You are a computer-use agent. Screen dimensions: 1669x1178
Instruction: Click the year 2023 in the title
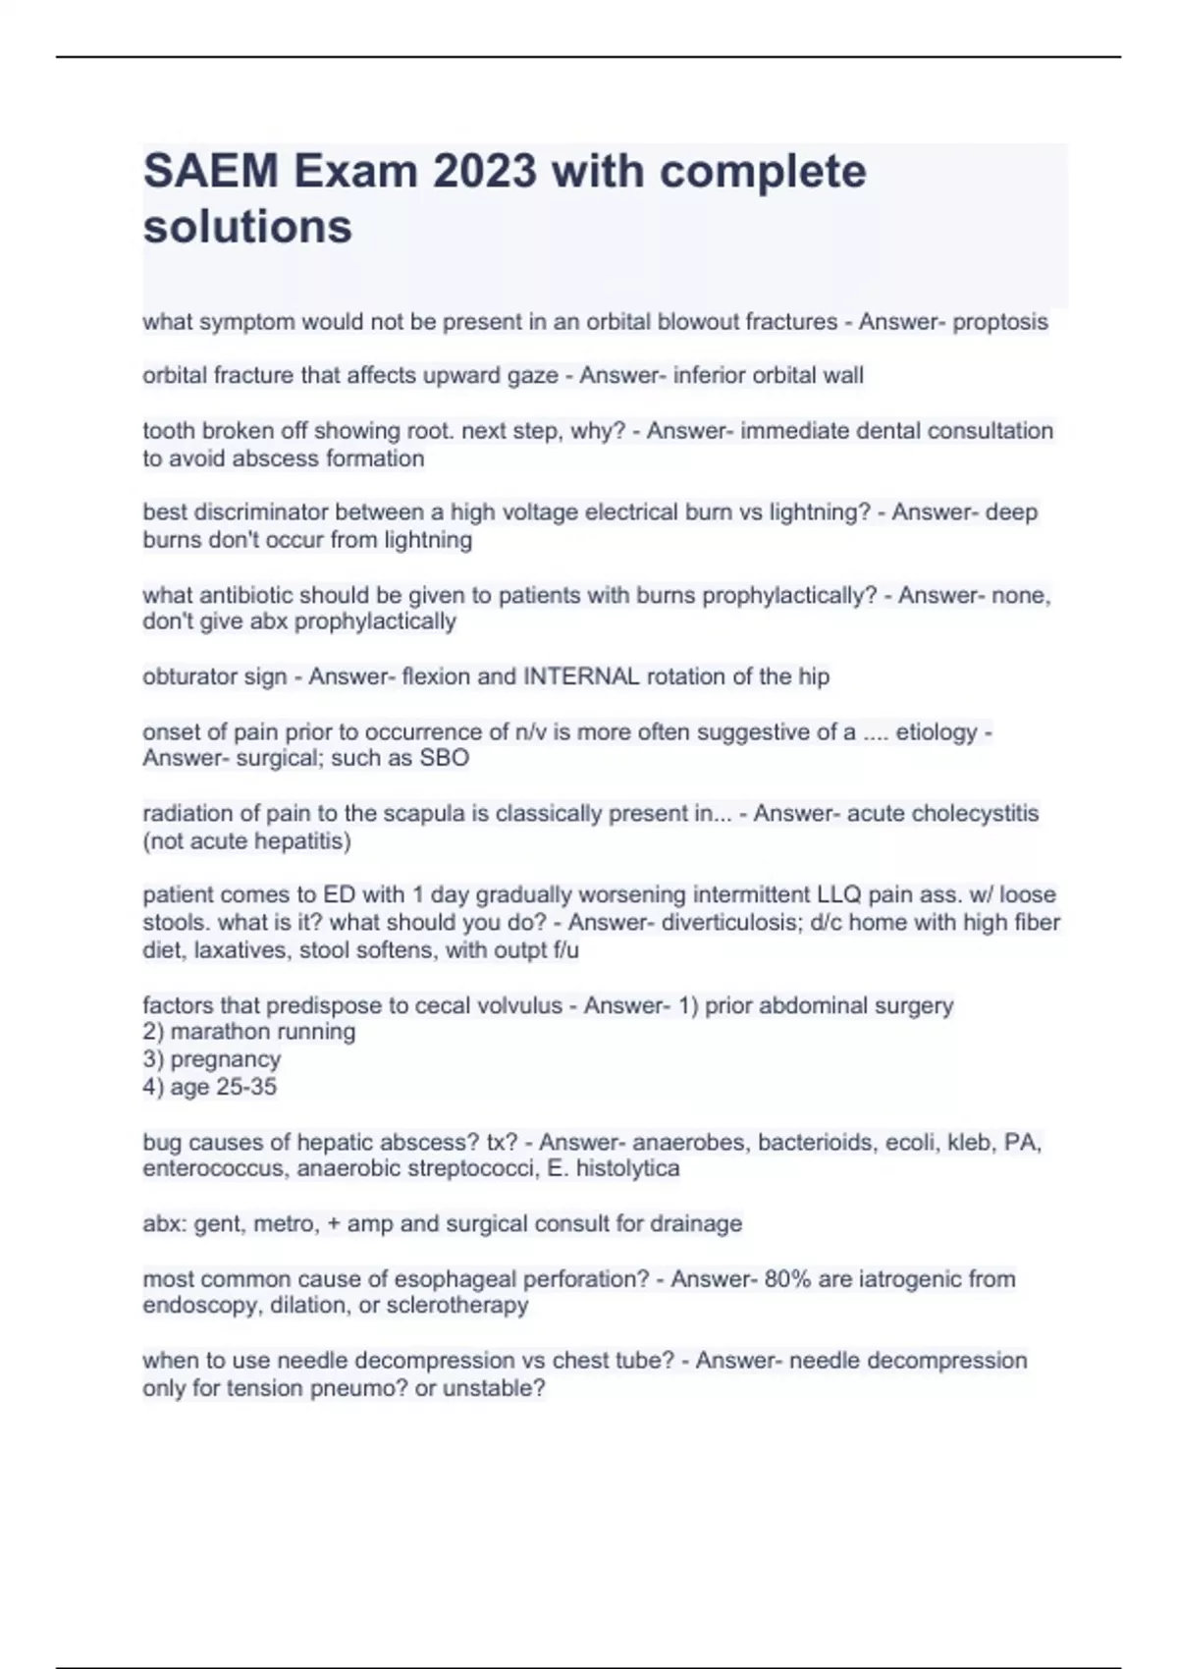pos(485,172)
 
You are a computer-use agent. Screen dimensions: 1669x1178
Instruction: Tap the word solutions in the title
pos(247,227)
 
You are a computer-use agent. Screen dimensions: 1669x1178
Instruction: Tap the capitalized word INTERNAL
pos(582,676)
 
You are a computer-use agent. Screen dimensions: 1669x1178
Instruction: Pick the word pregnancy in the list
pos(226,1059)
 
